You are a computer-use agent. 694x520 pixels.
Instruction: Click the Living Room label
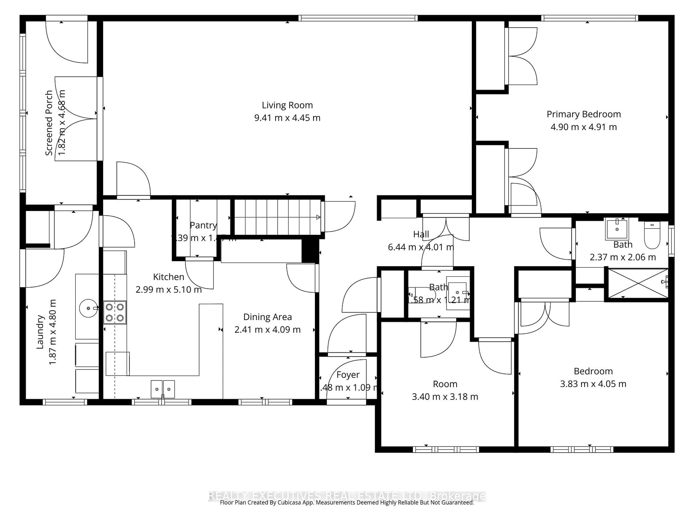tap(287, 105)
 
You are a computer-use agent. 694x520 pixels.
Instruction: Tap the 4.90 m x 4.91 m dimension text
tap(584, 127)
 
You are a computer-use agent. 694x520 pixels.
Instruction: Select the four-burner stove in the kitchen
tap(115, 313)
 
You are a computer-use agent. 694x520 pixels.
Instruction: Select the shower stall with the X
tap(638, 283)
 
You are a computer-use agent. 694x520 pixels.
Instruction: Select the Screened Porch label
tap(49, 123)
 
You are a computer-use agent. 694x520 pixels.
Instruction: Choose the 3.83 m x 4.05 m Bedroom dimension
tap(593, 384)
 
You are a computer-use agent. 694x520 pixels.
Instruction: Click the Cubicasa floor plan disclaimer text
tap(347, 502)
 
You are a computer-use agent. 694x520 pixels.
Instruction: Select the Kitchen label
tap(168, 277)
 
